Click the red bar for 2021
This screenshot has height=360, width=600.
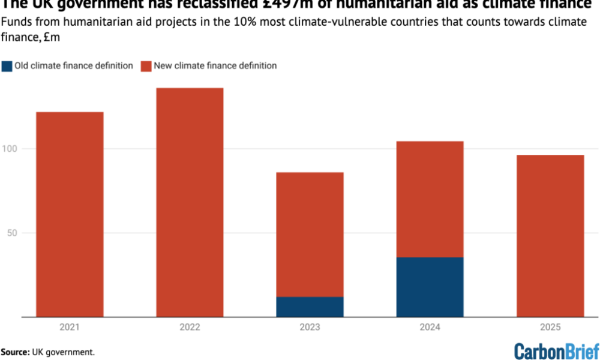(70, 214)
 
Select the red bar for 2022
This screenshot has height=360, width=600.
(190, 202)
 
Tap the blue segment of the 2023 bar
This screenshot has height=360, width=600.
(310, 307)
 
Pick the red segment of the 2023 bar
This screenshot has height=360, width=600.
(310, 235)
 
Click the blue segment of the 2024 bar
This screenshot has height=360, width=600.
(430, 287)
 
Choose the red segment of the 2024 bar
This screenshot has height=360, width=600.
(430, 199)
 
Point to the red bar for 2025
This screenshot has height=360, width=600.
(550, 236)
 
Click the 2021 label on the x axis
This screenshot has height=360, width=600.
(70, 328)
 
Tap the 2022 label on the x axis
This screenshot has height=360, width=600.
(190, 328)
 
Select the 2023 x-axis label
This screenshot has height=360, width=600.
(310, 328)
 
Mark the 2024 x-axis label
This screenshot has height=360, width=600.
(430, 328)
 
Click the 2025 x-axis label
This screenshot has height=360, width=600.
(550, 328)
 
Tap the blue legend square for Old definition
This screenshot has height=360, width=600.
(7, 66)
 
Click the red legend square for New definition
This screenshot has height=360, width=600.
(145, 66)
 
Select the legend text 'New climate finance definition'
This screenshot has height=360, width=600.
(215, 66)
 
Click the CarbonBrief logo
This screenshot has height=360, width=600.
(556, 351)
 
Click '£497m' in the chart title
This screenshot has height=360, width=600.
(289, 4)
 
